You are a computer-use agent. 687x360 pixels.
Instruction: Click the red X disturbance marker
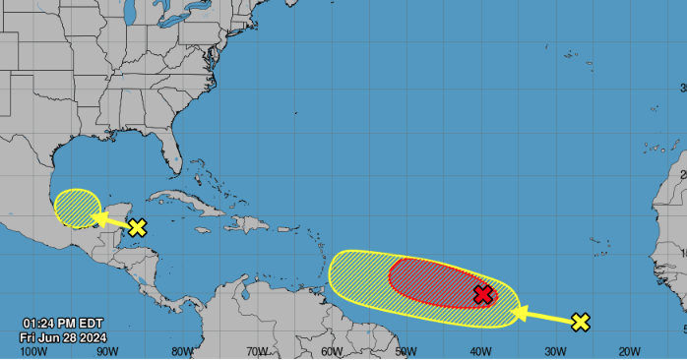pos(482,294)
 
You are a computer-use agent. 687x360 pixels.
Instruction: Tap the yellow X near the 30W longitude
pos(581,322)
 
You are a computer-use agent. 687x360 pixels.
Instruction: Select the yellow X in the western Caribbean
pos(137,227)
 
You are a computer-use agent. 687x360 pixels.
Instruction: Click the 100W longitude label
pos(33,351)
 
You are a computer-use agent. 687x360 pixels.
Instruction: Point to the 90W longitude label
pos(108,351)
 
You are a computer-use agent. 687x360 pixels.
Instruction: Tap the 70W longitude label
pos(258,351)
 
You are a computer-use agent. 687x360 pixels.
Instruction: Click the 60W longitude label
pos(332,351)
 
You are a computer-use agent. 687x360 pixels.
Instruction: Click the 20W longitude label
pos(630,351)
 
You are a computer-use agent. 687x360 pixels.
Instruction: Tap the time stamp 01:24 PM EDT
pos(63,324)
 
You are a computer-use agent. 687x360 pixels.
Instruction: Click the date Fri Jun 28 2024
pos(62,336)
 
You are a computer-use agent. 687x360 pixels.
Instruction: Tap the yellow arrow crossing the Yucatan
pos(112,221)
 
